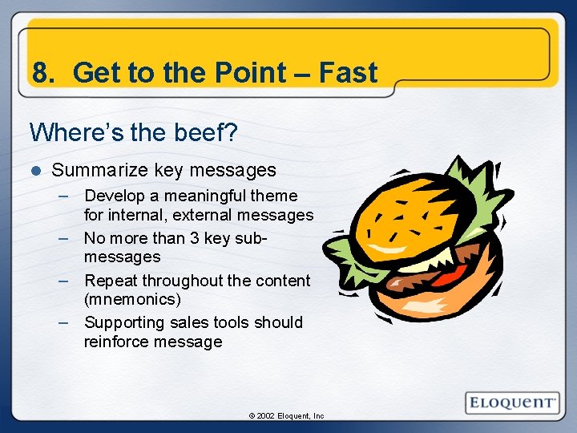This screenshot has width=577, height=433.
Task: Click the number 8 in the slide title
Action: pyautogui.click(x=40, y=73)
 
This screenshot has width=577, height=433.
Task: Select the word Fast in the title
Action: pyautogui.click(x=348, y=73)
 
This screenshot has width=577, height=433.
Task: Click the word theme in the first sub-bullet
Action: pyautogui.click(x=273, y=196)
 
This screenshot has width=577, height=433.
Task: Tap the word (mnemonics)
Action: pyautogui.click(x=132, y=299)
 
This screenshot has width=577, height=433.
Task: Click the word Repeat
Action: pyautogui.click(x=111, y=281)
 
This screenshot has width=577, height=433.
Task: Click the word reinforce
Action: pyautogui.click(x=117, y=342)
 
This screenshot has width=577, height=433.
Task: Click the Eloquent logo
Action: pyautogui.click(x=512, y=402)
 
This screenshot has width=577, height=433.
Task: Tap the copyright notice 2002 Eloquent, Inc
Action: pyautogui.click(x=286, y=416)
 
